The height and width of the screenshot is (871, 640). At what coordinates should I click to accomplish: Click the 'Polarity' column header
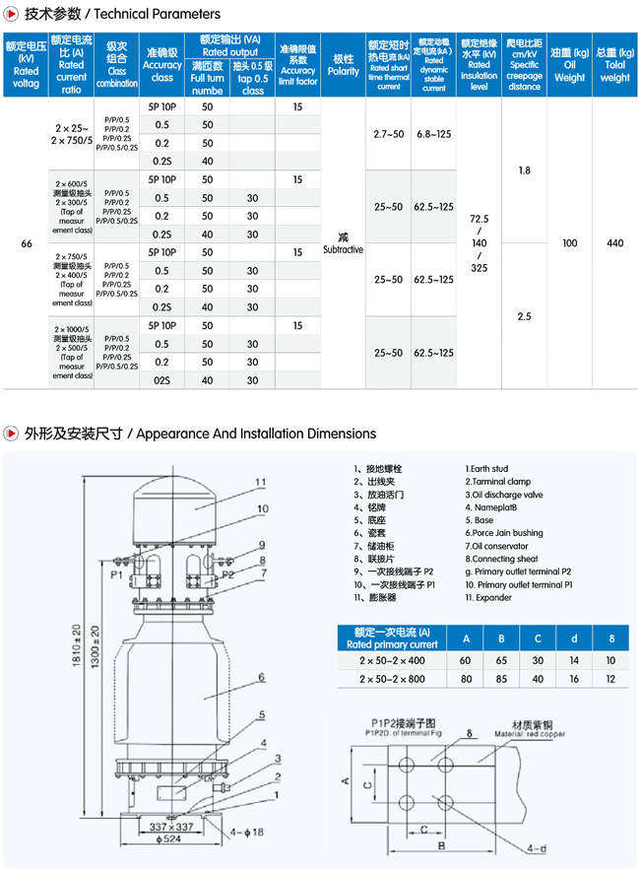(343, 65)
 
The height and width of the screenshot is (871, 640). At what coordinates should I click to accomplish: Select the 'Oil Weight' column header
(569, 65)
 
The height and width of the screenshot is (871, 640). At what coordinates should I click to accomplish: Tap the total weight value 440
(615, 242)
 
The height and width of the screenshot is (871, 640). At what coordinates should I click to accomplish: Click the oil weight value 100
(569, 242)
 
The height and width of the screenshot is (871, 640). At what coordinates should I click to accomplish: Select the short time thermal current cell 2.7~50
(389, 133)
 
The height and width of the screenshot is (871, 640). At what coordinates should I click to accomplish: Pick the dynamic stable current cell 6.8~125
(434, 133)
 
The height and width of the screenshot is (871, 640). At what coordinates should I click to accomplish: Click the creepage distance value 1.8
(524, 170)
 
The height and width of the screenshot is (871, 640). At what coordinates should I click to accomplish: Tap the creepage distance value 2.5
(524, 316)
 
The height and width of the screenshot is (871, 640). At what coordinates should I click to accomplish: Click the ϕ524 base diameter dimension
(169, 839)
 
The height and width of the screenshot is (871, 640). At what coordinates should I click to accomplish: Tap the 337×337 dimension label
(170, 825)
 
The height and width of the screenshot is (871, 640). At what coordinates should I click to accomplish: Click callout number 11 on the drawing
(261, 482)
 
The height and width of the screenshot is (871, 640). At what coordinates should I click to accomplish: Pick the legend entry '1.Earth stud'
(486, 469)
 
